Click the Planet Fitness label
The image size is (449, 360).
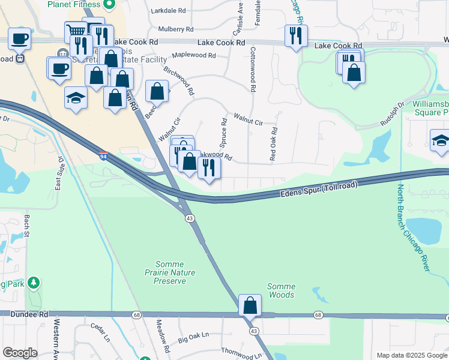coord(74,4)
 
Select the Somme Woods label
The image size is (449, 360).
coord(280,290)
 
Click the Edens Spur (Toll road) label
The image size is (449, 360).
coord(318,190)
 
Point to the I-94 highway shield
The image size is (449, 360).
coord(103,156)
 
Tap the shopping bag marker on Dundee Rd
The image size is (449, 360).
coord(250,305)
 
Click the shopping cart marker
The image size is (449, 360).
coord(75,31)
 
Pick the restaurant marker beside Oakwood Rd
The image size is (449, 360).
coord(209,167)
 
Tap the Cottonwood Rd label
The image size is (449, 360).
coord(253,69)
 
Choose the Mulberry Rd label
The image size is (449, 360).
coord(176,29)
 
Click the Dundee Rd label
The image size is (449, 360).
coord(23,314)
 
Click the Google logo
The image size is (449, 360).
coord(20,353)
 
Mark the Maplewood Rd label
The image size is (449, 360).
coord(193,55)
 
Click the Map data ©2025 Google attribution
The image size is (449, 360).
coord(411,355)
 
